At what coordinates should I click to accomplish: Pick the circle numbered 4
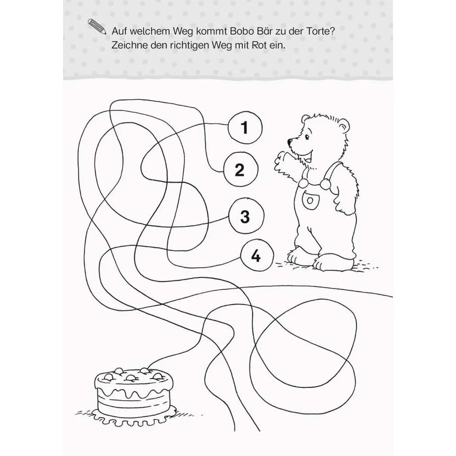pos(256,257)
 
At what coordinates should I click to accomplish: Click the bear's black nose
pos(290,142)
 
